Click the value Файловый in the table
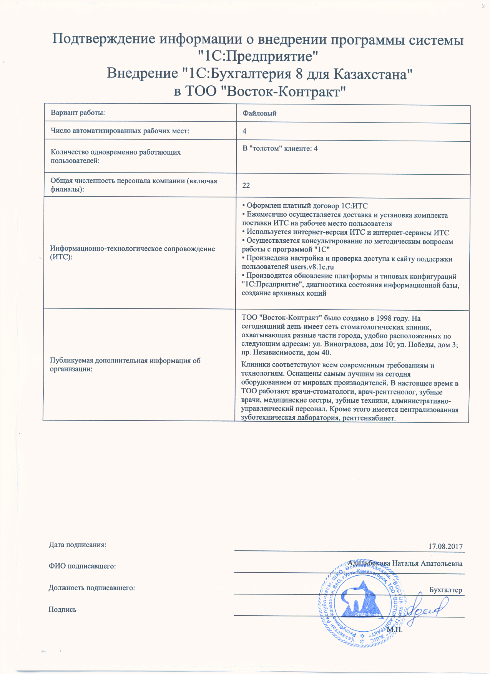(x=259, y=113)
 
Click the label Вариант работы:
(x=78, y=113)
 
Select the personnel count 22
(x=246, y=185)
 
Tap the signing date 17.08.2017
(x=445, y=546)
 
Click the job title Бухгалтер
(x=445, y=590)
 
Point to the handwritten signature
(x=427, y=609)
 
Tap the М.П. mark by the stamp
(x=395, y=630)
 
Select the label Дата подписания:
(x=77, y=545)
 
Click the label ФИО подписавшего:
(x=82, y=566)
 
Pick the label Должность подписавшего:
(x=91, y=588)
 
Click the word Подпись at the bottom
(x=62, y=609)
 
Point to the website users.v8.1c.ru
(x=312, y=267)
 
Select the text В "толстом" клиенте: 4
(x=280, y=149)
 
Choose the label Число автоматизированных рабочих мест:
(x=120, y=131)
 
